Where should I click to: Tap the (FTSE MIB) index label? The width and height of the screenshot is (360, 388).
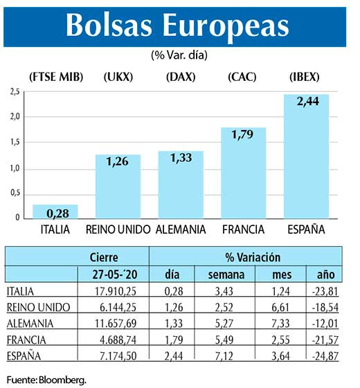click(57, 76)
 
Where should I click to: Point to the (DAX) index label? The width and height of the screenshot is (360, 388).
click(181, 76)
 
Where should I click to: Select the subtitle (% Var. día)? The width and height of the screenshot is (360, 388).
click(179, 53)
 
